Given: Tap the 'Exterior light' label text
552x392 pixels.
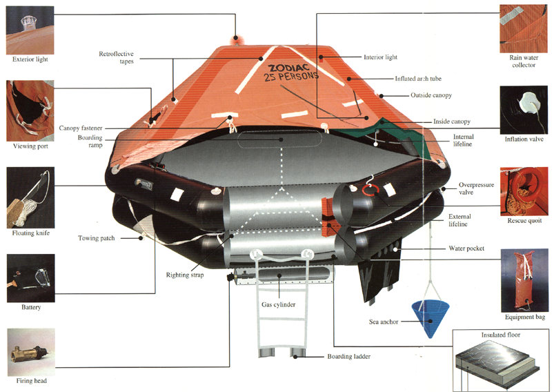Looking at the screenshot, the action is pyautogui.click(x=30, y=59).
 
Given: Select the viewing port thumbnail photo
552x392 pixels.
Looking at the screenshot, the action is pyautogui.click(x=30, y=110).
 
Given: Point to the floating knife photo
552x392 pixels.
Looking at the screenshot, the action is pyautogui.click(x=30, y=197).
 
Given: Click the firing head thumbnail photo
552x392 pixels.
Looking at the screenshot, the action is pyautogui.click(x=31, y=352).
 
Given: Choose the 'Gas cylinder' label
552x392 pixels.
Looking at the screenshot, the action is pyautogui.click(x=278, y=304).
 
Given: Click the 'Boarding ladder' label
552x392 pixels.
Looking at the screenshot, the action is pyautogui.click(x=349, y=356).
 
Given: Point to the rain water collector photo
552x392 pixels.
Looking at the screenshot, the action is pyautogui.click(x=524, y=28).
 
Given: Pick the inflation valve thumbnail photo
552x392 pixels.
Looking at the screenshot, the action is pyautogui.click(x=524, y=110).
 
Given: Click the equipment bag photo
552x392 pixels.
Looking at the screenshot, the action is pyautogui.click(x=524, y=281).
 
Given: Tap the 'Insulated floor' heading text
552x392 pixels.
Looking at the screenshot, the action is pyautogui.click(x=501, y=335).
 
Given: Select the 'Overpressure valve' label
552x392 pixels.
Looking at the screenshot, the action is pyautogui.click(x=476, y=188).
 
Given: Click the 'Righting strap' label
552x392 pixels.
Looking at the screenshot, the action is pyautogui.click(x=185, y=275).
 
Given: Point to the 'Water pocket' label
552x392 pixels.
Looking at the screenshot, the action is pyautogui.click(x=466, y=248).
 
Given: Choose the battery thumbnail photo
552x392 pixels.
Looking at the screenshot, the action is pyautogui.click(x=31, y=278).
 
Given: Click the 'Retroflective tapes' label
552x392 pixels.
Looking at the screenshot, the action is pyautogui.click(x=116, y=57).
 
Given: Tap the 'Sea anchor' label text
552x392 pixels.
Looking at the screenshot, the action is pyautogui.click(x=384, y=322).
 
